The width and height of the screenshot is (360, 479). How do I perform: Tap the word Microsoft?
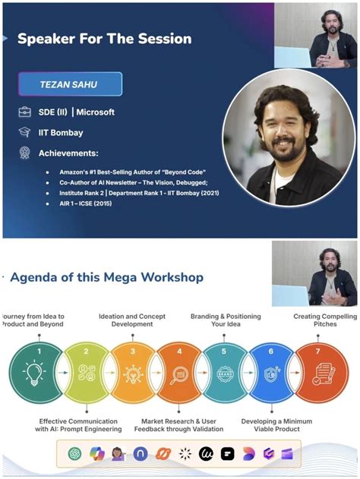[95, 112]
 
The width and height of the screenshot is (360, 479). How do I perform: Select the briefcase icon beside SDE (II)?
[24, 112]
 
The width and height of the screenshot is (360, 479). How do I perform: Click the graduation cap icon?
[24, 132]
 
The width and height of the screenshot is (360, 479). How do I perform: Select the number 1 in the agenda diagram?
[39, 351]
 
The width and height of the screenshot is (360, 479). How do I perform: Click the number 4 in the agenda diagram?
[179, 351]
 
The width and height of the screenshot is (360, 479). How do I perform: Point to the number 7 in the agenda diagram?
[319, 351]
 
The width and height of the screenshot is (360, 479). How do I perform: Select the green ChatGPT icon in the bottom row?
[74, 455]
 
